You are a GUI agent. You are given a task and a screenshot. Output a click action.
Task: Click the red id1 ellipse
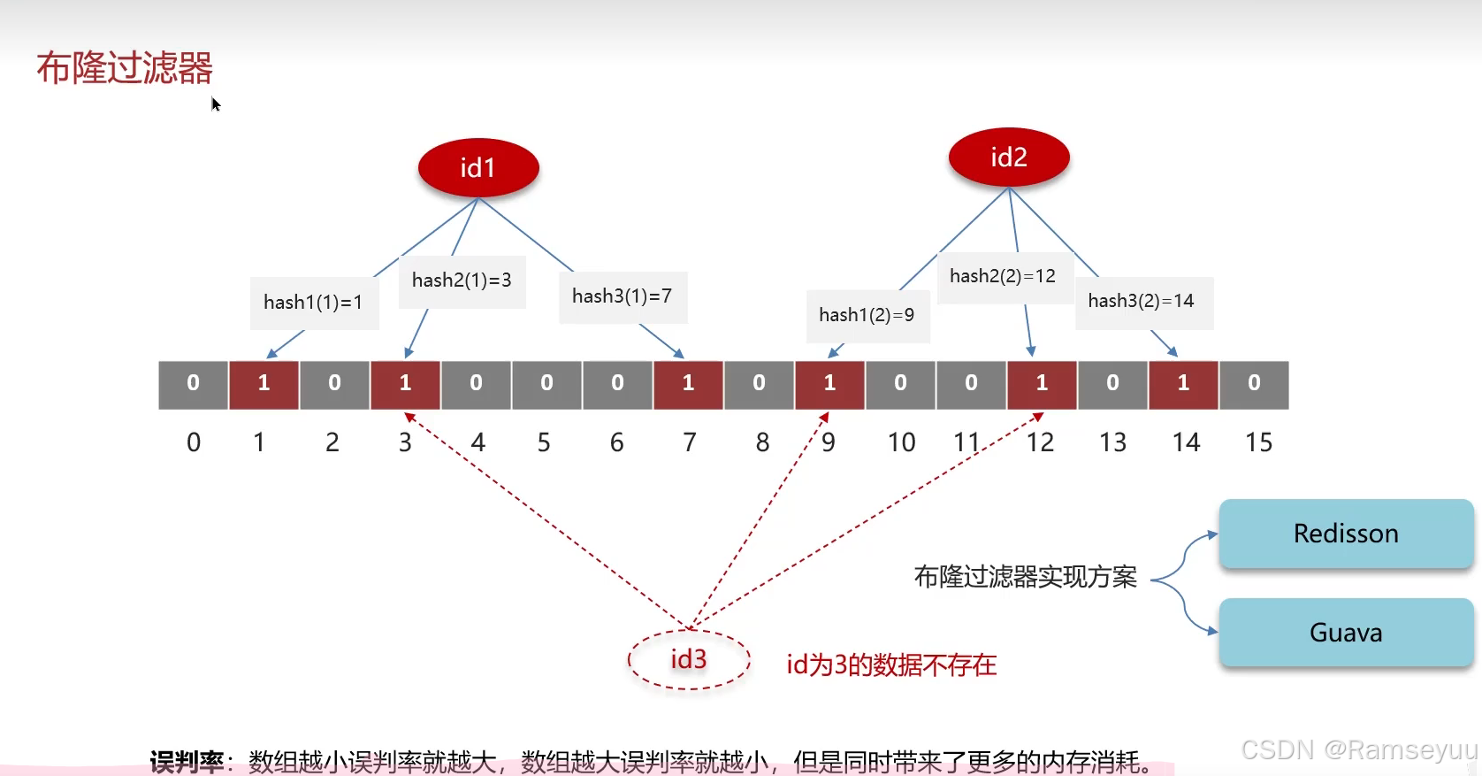point(478,167)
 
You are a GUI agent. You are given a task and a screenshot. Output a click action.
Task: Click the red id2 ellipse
point(1009,158)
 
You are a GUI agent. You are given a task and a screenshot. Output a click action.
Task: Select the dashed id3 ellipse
point(689,659)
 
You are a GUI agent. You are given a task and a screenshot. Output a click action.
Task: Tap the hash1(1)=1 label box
point(314,303)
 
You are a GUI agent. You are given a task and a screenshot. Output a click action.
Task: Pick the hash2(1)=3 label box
point(462,281)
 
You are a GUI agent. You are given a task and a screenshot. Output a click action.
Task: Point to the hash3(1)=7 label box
point(623,296)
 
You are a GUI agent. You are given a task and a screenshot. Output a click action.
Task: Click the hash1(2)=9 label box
point(867,316)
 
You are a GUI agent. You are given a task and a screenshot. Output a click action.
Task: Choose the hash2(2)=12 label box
point(1004,277)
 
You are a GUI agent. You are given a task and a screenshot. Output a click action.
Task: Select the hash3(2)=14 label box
point(1142,302)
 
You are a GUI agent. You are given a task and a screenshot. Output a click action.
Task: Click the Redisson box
point(1346,534)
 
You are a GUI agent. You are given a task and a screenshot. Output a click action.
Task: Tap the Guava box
point(1346,633)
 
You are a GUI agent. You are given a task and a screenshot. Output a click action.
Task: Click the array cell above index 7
point(688,384)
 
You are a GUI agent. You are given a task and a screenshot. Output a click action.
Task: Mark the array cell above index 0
point(193,384)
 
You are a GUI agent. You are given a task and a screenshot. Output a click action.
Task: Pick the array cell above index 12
point(1042,384)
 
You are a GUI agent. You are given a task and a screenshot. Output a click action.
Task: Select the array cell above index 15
point(1254,384)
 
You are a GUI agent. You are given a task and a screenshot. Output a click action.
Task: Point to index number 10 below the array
point(902,442)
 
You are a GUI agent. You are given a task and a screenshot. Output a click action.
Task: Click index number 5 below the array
point(544,442)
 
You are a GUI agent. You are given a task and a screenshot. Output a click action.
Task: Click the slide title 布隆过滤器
point(125,68)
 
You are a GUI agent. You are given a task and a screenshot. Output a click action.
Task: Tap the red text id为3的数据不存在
point(891,665)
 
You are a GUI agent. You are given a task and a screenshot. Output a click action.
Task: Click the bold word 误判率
point(187,761)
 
